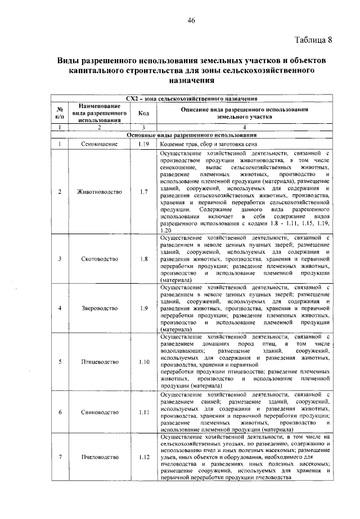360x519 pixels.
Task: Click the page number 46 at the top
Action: coord(191,21)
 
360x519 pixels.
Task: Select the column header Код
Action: coord(143,113)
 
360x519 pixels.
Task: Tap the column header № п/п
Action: coord(59,113)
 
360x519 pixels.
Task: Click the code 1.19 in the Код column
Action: coord(143,144)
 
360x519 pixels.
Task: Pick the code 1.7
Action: coord(143,191)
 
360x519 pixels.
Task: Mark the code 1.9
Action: coord(143,308)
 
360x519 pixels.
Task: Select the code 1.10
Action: coord(143,362)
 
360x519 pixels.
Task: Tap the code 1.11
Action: coord(143,412)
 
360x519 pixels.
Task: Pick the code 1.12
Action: coord(143,457)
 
